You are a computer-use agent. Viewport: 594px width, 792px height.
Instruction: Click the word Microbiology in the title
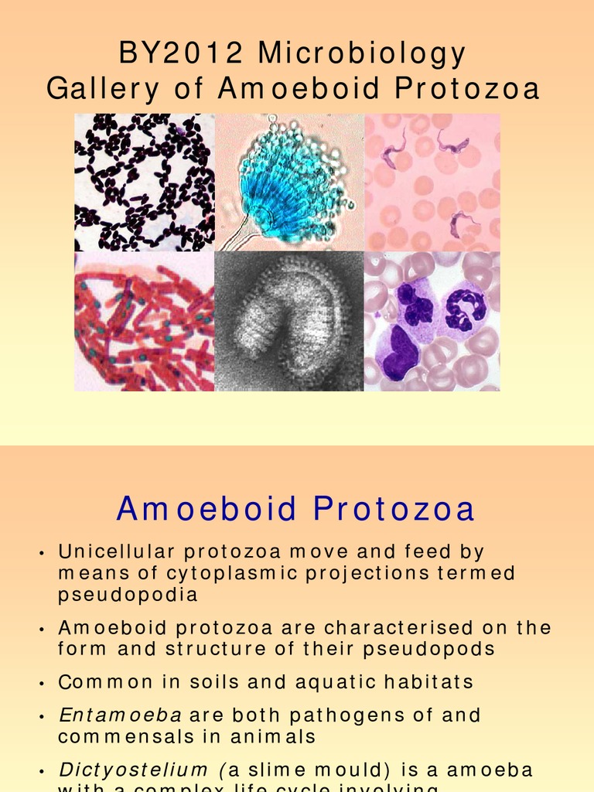(362, 54)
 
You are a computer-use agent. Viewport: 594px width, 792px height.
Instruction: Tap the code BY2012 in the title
(183, 54)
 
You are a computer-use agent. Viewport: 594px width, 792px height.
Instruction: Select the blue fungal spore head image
(289, 183)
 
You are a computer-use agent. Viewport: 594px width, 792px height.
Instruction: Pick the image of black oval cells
(145, 183)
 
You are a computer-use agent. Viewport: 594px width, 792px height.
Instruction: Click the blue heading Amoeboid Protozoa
(295, 510)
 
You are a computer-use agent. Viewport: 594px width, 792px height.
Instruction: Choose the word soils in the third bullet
(222, 682)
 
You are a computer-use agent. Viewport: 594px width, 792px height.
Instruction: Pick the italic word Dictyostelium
(133, 770)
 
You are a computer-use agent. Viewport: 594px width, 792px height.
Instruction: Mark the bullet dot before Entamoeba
(40, 717)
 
